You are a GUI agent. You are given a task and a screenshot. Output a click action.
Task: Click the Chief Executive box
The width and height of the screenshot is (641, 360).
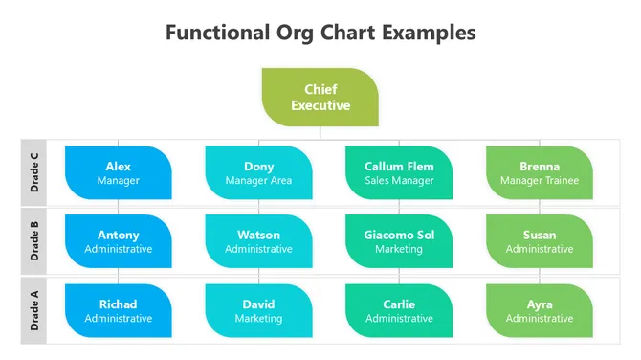coord(320,98)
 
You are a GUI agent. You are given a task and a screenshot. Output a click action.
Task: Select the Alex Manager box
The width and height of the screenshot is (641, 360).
coord(119,172)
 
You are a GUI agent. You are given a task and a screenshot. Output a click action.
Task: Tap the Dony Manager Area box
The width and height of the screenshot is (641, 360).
coord(258,172)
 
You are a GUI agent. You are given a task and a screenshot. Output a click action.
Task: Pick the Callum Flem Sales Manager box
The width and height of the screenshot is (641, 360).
coord(399,172)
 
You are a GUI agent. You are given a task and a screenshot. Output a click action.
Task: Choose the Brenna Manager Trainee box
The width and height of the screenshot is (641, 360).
coord(539,172)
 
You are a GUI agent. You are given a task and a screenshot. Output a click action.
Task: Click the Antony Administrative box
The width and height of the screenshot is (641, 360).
coord(119,241)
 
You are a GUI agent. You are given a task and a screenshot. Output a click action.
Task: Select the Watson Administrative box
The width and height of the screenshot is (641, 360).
coord(258,241)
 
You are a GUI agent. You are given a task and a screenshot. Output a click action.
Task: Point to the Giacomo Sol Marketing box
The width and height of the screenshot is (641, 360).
coord(399,241)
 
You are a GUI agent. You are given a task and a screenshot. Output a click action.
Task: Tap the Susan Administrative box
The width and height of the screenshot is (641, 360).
coord(539,241)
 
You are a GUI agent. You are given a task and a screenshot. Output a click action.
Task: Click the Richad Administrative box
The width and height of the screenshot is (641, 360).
coord(119,311)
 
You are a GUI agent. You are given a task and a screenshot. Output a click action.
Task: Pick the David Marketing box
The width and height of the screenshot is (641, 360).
coord(258,311)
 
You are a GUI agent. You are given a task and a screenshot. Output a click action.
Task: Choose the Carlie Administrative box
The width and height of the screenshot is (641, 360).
coord(399,311)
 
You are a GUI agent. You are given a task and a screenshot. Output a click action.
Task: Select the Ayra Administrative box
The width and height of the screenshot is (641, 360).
coord(539,311)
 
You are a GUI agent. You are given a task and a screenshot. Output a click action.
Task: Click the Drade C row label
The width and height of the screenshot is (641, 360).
coord(34,172)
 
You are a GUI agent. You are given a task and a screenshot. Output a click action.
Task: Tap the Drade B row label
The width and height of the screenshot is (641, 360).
coord(34,241)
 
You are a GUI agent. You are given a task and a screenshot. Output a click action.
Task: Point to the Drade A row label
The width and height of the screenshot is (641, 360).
coord(34,311)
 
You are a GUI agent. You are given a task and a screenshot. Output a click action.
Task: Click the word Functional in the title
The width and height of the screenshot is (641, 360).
coord(216,33)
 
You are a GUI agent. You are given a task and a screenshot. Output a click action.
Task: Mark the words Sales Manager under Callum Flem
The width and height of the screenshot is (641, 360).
coord(399,180)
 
